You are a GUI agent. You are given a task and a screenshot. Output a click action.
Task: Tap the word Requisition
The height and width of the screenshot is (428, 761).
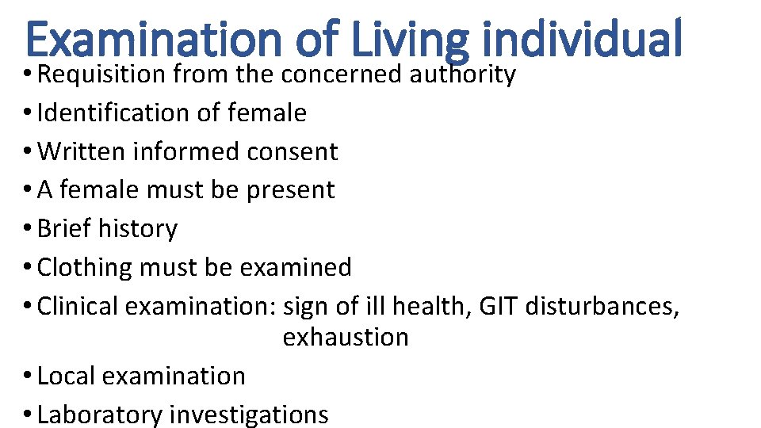pyautogui.click(x=101, y=75)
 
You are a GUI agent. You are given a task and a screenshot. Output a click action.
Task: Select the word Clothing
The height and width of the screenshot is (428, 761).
pyautogui.click(x=85, y=267)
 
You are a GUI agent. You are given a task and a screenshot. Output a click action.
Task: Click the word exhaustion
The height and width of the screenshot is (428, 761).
pyautogui.click(x=346, y=337)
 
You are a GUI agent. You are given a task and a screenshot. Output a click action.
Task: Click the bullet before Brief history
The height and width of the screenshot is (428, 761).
pyautogui.click(x=29, y=229)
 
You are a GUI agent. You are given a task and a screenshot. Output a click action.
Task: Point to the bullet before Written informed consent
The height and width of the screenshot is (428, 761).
pyautogui.click(x=29, y=152)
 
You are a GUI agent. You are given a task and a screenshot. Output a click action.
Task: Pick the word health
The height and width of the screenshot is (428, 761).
pyautogui.click(x=433, y=305)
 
